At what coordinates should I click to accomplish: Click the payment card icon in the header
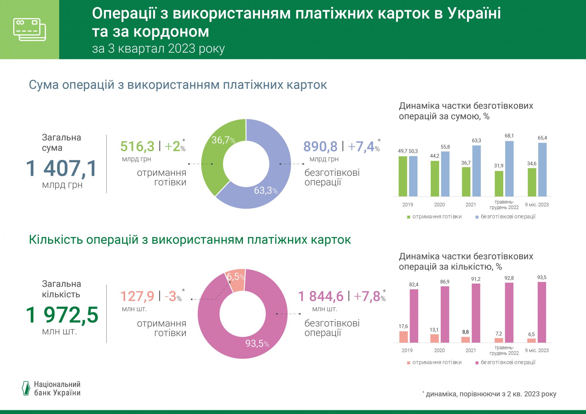coord(30,30)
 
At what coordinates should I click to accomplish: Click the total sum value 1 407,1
coord(62,168)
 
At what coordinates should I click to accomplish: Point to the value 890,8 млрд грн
coord(320,146)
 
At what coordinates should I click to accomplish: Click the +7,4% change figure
coord(363,146)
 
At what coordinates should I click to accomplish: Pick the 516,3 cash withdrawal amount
coord(137,146)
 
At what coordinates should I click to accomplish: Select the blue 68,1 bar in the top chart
coord(509,168)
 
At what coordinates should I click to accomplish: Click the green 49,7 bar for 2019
coord(403,176)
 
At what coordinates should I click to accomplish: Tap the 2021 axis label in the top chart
coord(471,205)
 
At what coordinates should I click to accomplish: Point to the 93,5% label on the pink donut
coord(257,343)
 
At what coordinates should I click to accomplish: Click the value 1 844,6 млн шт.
coord(321,297)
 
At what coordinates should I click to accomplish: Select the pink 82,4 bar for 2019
coord(414,316)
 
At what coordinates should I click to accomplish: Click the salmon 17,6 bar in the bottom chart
coord(403,337)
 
